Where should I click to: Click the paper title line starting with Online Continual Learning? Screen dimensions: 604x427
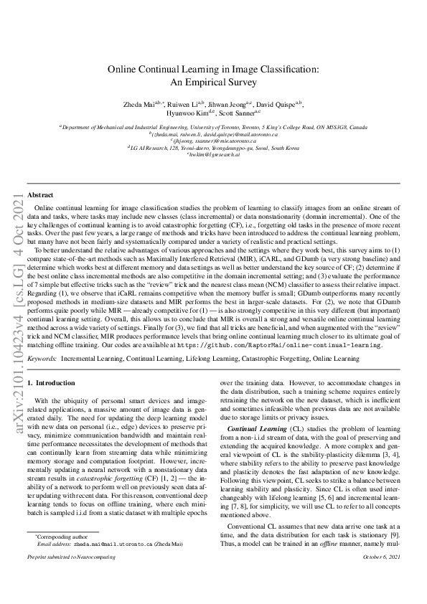pos(213,70)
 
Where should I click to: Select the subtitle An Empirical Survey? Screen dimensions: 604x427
pos(213,82)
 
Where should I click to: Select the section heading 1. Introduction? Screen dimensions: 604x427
pos(50,384)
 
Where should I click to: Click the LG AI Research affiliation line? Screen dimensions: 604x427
pos(213,148)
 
